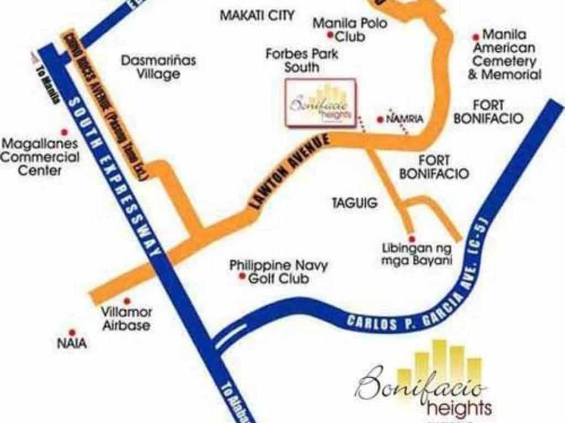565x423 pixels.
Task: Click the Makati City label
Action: point(257,15)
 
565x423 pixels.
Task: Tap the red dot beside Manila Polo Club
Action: point(330,36)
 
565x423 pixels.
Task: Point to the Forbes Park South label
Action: point(302,61)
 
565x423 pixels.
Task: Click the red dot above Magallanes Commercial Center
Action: point(64,132)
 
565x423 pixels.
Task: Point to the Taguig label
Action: point(355,203)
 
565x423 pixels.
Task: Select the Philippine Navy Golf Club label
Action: point(279,272)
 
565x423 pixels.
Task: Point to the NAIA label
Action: point(72,343)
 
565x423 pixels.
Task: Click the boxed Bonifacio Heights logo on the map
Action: point(321,104)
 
